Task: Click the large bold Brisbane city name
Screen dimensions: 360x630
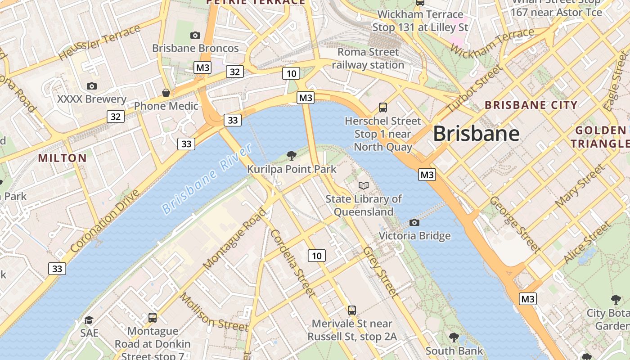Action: click(476, 134)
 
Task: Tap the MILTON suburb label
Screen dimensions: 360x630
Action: click(63, 158)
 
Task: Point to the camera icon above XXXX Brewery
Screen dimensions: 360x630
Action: click(92, 86)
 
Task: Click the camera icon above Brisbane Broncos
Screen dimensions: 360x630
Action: click(195, 35)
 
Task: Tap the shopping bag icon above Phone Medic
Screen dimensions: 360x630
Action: click(166, 93)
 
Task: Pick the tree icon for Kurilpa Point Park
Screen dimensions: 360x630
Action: click(292, 156)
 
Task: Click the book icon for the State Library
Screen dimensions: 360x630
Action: click(364, 185)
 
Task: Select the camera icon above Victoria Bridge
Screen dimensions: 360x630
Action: click(414, 222)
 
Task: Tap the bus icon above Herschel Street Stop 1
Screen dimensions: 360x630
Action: click(383, 108)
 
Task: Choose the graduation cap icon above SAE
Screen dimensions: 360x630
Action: click(89, 320)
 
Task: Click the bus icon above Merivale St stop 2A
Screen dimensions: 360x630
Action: click(352, 310)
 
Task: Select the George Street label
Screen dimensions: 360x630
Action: click(515, 224)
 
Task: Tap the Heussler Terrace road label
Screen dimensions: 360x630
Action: click(99, 43)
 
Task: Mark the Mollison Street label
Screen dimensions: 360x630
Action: click(214, 312)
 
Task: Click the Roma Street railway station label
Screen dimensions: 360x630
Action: click(368, 58)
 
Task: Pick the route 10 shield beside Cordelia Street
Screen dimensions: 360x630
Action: click(317, 256)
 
